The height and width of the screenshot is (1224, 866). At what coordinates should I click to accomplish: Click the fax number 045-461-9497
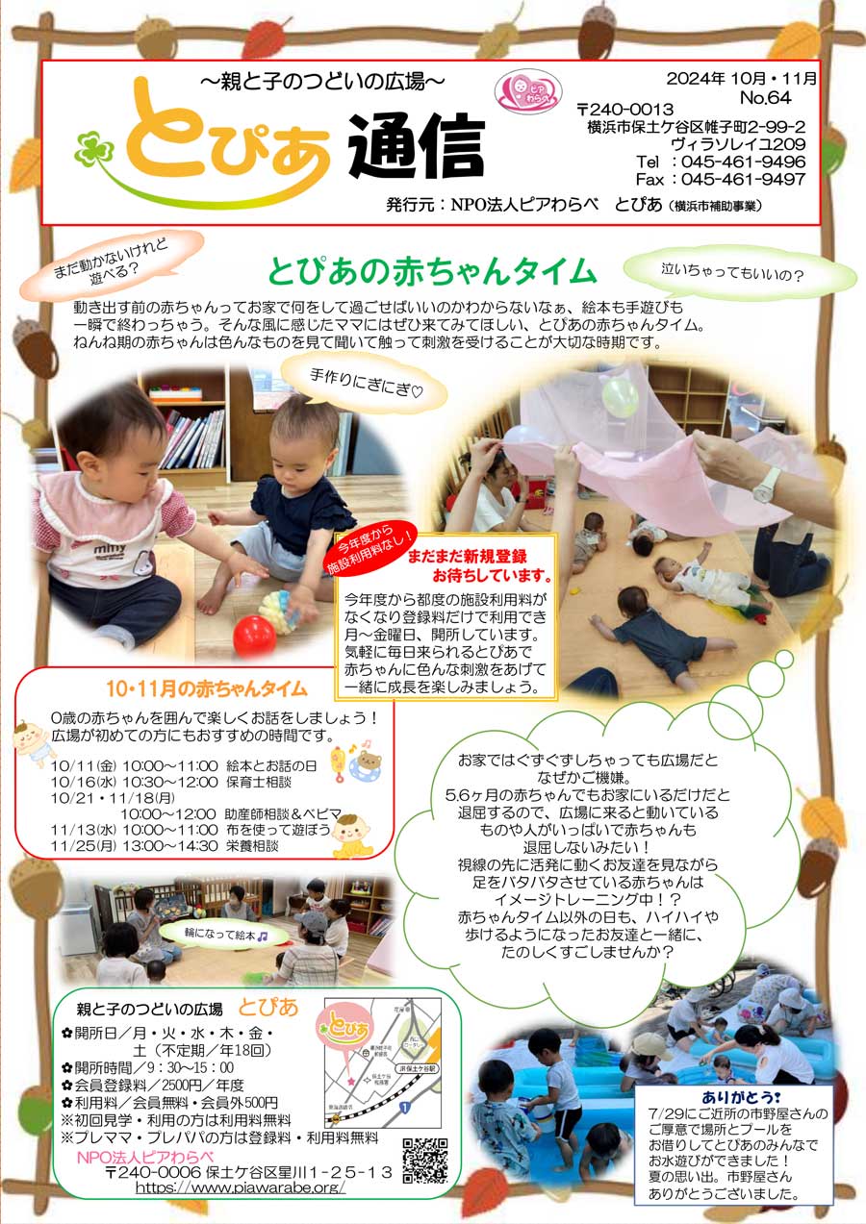742,179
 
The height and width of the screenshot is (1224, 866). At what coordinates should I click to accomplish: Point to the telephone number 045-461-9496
742,162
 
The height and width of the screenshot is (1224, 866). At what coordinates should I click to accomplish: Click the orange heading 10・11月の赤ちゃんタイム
207,688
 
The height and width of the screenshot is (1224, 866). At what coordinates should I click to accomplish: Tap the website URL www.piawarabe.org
240,1187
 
